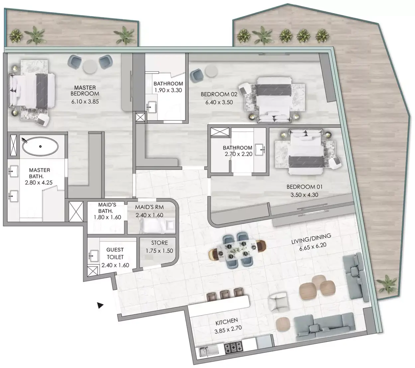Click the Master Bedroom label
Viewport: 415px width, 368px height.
(x=85, y=91)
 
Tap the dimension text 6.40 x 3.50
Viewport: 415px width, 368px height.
(x=219, y=102)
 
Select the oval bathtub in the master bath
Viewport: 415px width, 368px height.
(x=40, y=146)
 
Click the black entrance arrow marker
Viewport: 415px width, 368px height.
(x=100, y=305)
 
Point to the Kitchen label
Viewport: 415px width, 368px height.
(x=227, y=322)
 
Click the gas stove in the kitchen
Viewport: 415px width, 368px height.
(x=233, y=347)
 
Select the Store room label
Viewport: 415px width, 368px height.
(x=159, y=243)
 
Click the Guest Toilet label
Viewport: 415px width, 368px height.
(x=115, y=253)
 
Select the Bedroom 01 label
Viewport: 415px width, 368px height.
(x=304, y=187)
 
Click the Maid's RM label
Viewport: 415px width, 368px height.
(x=149, y=207)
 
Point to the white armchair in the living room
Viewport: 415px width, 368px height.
(x=278, y=302)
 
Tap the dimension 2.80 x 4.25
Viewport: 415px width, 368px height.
(x=39, y=182)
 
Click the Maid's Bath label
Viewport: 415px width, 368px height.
(x=107, y=208)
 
